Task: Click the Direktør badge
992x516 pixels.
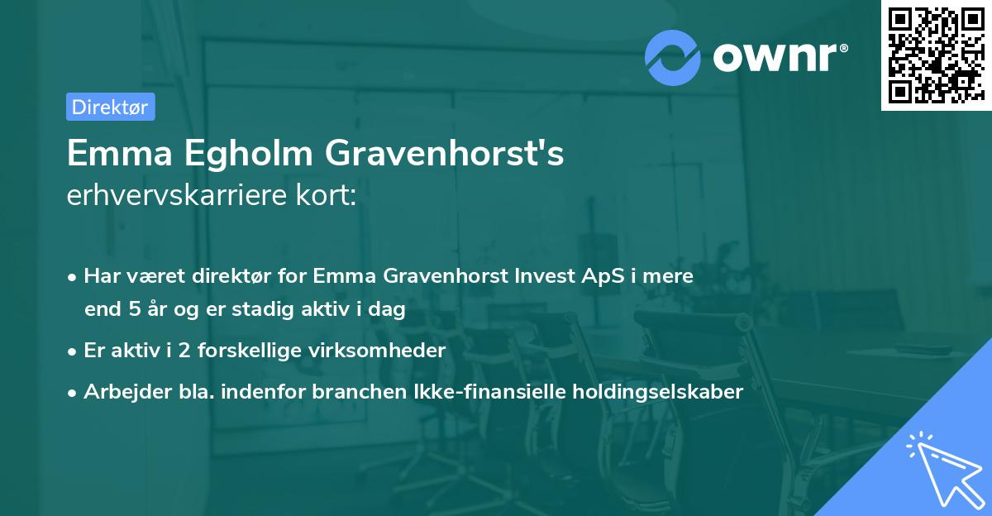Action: [110, 107]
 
